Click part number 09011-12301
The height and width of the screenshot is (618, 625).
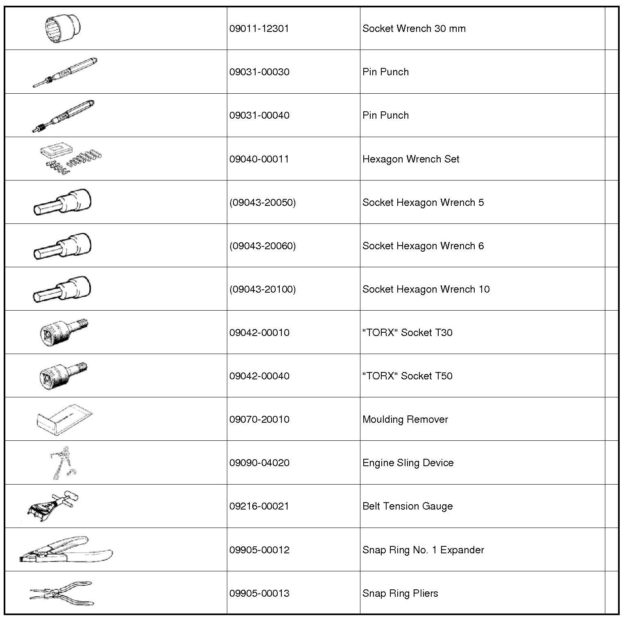(x=259, y=29)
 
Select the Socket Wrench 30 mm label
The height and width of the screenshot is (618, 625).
(x=414, y=29)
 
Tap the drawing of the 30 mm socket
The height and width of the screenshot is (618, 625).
(x=63, y=29)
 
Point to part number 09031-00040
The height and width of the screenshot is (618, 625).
(x=259, y=115)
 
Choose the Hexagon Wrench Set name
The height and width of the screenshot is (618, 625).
(x=410, y=159)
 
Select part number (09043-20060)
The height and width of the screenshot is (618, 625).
(x=262, y=246)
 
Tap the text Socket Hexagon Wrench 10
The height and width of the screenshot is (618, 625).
(x=426, y=289)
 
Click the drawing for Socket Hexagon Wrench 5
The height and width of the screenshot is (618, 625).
(x=62, y=202)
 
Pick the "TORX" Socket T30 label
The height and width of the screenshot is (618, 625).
(x=407, y=332)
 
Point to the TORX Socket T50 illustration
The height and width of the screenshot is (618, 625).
(x=63, y=376)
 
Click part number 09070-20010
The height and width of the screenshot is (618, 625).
(x=259, y=419)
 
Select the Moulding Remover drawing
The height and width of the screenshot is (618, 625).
(x=64, y=420)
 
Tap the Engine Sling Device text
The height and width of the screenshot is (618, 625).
(x=408, y=462)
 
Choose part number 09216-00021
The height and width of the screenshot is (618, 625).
(x=259, y=506)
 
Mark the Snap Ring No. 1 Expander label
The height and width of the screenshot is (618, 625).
(x=423, y=550)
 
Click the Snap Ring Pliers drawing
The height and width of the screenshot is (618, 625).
(x=61, y=593)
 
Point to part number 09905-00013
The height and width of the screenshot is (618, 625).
(x=259, y=593)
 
